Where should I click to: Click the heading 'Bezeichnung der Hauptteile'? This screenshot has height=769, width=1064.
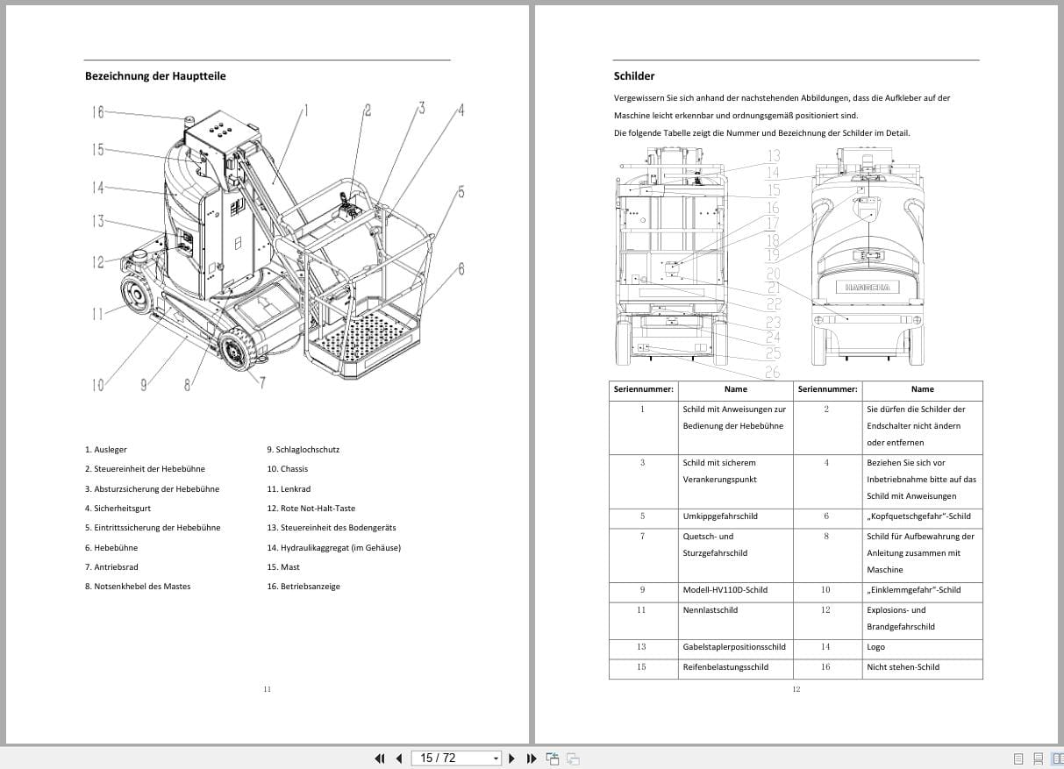(x=155, y=76)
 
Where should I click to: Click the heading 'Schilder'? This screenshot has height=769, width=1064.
(x=633, y=76)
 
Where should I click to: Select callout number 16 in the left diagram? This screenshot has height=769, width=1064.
(x=97, y=111)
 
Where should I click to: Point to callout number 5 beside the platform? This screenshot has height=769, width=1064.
(x=461, y=192)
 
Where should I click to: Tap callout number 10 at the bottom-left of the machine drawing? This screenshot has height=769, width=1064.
(x=97, y=384)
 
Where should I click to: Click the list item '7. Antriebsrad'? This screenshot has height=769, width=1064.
(x=111, y=567)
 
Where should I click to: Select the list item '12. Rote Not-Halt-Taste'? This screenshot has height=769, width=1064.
(x=311, y=509)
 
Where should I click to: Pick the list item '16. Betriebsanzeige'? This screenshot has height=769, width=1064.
(x=303, y=587)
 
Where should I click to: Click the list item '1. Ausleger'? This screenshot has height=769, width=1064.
(x=105, y=450)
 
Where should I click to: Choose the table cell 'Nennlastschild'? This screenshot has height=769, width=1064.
(x=710, y=610)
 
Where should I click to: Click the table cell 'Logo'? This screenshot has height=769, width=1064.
(x=875, y=647)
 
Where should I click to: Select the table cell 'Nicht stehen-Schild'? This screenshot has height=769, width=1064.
(x=903, y=667)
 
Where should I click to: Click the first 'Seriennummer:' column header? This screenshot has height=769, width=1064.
(x=643, y=389)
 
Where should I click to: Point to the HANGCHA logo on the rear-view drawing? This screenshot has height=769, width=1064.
(x=867, y=288)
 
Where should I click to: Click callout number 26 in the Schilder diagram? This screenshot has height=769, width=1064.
(x=772, y=373)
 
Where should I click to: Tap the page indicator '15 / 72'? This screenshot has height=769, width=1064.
(x=439, y=758)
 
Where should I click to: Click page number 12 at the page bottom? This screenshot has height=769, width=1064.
(x=796, y=689)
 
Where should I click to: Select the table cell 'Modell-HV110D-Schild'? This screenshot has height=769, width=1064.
(x=725, y=590)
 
